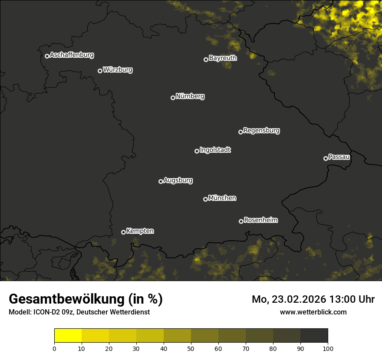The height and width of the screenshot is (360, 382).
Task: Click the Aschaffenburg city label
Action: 72,55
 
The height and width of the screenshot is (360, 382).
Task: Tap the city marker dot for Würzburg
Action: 100,71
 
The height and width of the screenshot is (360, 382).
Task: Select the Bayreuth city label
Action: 223,58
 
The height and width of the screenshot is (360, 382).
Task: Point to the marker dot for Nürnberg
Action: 173,98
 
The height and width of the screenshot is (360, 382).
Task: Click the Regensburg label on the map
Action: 261,131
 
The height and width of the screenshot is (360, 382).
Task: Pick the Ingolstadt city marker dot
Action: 197,151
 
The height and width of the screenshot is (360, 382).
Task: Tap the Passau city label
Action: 339,157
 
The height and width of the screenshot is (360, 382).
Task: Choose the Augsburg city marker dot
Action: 161,181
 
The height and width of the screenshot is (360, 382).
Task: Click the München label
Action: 222,198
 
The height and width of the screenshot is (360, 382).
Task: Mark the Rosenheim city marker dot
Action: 241,221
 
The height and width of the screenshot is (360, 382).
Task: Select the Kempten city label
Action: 140,231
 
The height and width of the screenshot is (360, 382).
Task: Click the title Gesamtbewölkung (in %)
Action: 86,299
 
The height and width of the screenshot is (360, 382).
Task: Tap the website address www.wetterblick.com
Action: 313,312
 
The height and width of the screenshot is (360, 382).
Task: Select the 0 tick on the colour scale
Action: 54,348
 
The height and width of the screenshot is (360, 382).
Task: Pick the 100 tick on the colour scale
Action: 328,348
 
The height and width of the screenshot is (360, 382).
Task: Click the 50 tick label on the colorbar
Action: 191,348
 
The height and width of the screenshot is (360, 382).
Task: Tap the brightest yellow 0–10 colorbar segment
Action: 68,336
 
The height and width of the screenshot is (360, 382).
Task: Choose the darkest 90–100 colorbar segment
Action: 314,336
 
